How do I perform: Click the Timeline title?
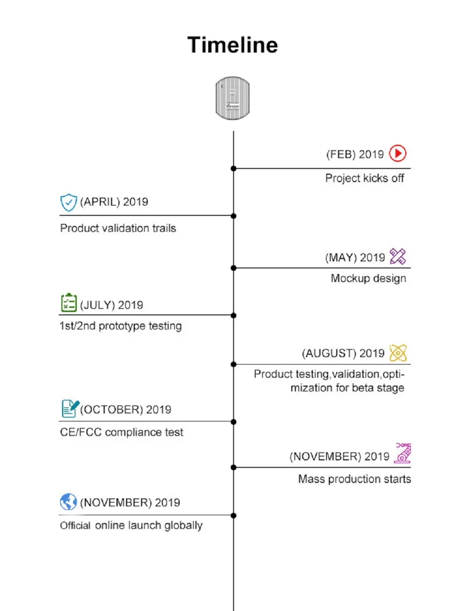[x=233, y=45]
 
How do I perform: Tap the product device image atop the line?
[x=233, y=99]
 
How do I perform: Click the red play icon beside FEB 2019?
[x=398, y=153]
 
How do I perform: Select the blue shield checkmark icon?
[x=68, y=202]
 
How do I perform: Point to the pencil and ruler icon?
[x=398, y=257]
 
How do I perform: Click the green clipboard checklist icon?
[x=69, y=303]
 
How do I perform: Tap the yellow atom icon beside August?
[x=398, y=353]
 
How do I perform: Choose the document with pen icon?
[x=70, y=408]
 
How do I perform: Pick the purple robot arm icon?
[x=403, y=453]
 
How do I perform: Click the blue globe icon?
[x=68, y=502]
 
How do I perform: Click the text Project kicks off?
[x=364, y=178]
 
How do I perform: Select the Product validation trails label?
[x=118, y=229]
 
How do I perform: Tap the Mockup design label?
[x=368, y=278]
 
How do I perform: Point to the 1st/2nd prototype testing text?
[x=121, y=326]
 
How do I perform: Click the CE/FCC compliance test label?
[x=121, y=432]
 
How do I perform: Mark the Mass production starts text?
[x=355, y=479]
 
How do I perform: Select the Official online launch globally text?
[x=131, y=526]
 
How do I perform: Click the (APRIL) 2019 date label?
[x=114, y=202]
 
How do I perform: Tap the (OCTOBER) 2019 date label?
[x=126, y=410]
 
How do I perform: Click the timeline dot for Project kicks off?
[x=234, y=168]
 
